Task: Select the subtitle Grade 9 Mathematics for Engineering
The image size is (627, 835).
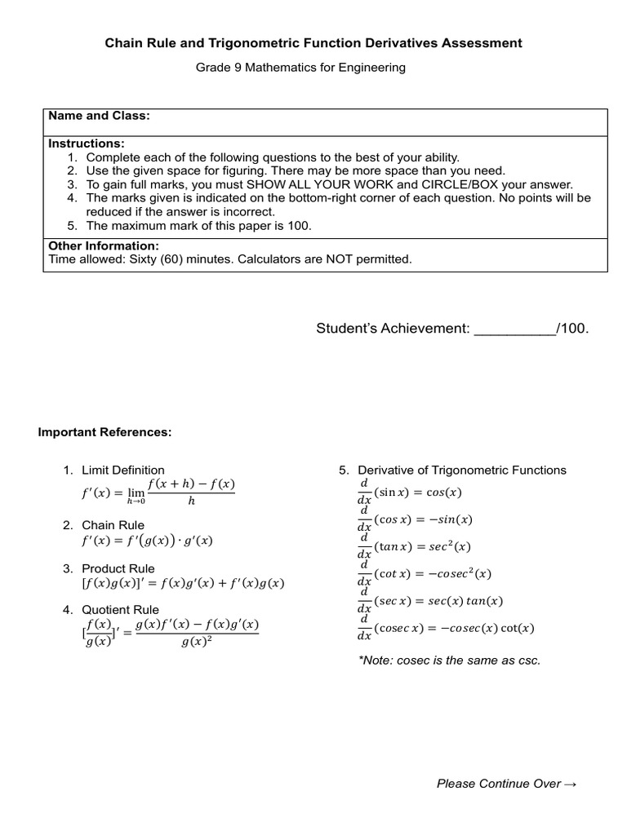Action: tap(300, 68)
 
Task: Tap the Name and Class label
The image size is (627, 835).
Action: tap(99, 116)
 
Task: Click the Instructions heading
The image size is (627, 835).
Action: tap(87, 144)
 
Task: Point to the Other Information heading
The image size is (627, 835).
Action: tap(104, 245)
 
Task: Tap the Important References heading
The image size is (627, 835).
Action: tap(105, 432)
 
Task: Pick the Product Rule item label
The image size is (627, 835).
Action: tap(118, 568)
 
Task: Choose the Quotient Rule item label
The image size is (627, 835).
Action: tap(120, 609)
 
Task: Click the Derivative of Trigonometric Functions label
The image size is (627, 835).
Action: tap(461, 470)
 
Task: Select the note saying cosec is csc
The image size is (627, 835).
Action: tap(449, 660)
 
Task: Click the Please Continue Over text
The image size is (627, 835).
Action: tap(506, 784)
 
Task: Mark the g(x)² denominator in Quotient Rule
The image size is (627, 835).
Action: tap(196, 641)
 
